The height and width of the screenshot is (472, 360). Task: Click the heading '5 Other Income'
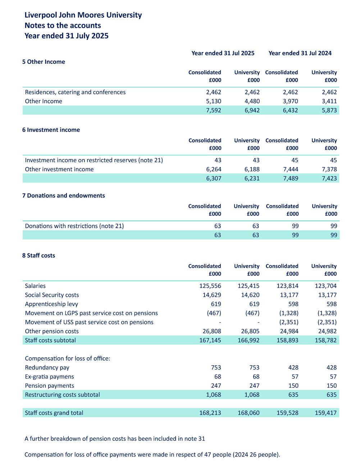(44, 62)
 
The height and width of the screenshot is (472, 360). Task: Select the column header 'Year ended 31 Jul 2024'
(300, 53)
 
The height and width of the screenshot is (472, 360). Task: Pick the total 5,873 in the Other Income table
(329, 110)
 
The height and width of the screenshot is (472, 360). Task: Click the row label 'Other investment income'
(59, 169)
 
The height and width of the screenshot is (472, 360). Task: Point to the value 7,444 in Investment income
(290, 169)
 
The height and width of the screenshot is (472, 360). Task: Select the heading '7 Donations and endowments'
(64, 196)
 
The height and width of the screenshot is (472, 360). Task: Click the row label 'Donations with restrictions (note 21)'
(74, 226)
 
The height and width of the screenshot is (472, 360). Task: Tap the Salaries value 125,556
(210, 286)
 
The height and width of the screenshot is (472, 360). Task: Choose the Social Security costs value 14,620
(249, 295)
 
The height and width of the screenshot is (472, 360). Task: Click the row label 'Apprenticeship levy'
(51, 304)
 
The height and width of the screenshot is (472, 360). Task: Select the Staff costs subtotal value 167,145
(210, 340)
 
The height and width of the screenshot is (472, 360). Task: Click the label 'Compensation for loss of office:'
(68, 359)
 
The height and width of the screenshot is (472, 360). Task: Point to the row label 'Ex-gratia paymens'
(49, 377)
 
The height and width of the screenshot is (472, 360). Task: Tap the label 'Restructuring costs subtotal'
(63, 395)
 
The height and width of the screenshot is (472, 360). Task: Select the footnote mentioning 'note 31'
(115, 439)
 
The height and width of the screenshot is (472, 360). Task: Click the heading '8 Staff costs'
(38, 256)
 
